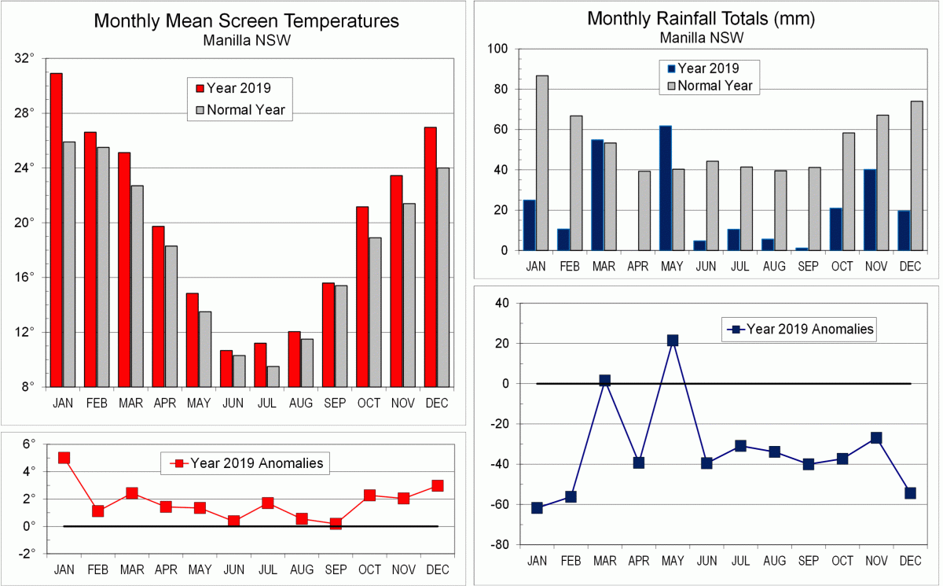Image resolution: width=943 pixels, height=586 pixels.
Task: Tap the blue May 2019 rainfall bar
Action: (x=666, y=188)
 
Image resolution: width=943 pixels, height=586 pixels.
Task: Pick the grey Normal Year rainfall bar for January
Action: (x=542, y=163)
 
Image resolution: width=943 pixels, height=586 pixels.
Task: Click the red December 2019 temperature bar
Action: (x=430, y=256)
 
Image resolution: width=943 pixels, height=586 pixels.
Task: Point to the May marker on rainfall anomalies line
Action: (x=673, y=341)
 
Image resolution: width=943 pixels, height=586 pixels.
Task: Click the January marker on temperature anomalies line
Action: (x=64, y=458)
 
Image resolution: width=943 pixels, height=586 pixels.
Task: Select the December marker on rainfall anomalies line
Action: (x=910, y=493)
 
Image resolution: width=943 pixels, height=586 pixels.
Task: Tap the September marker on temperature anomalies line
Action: (x=336, y=524)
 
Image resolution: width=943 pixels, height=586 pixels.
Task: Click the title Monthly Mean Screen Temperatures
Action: (x=246, y=21)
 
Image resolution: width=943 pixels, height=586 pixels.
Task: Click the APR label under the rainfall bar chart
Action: (x=638, y=267)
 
